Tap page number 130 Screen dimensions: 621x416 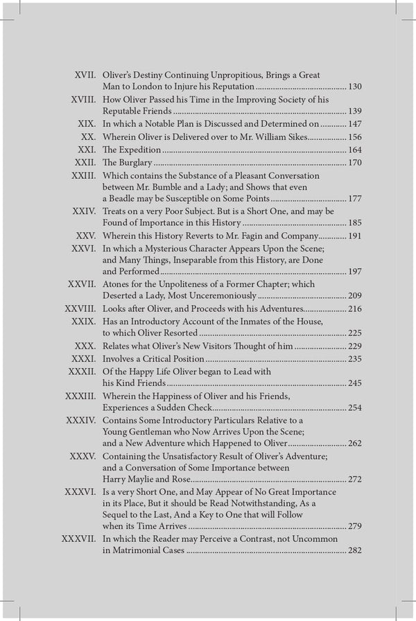(354, 87)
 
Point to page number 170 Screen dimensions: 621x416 (354, 163)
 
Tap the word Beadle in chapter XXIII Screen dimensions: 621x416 (118, 199)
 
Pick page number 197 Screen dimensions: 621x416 (354, 272)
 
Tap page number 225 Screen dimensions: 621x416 (354, 333)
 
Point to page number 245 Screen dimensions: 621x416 (354, 383)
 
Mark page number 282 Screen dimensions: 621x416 (354, 550)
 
